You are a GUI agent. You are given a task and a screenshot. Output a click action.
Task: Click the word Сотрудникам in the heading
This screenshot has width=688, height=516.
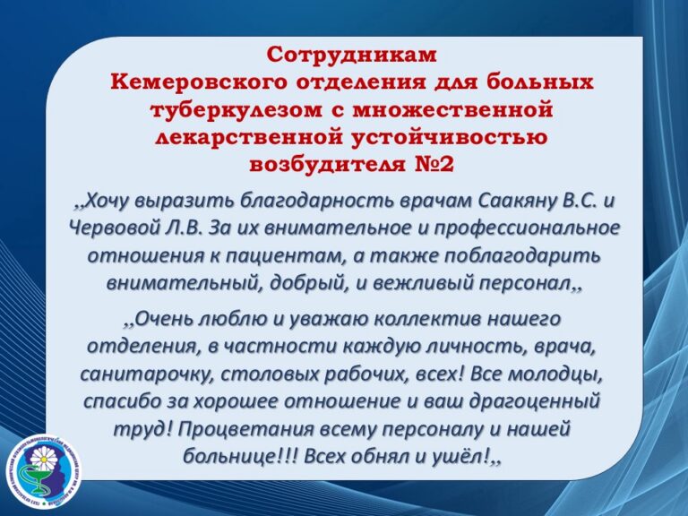coord(351,55)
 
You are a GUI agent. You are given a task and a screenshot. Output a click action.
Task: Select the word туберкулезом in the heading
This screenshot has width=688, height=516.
coord(236,109)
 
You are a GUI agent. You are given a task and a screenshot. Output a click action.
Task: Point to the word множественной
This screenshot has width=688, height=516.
coord(453,109)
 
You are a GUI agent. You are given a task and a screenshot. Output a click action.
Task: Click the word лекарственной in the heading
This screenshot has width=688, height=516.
coord(252,137)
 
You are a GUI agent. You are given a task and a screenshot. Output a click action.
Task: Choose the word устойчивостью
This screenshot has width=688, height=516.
coord(451,137)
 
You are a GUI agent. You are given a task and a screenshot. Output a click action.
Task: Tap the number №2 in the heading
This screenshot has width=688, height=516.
coord(433,165)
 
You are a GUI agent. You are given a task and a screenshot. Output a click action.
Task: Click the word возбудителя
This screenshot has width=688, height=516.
coord(328,165)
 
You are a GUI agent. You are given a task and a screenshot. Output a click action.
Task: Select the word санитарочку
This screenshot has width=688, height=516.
coord(147,374)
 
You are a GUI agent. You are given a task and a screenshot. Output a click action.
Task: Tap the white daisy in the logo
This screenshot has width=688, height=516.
coord(44,460)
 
